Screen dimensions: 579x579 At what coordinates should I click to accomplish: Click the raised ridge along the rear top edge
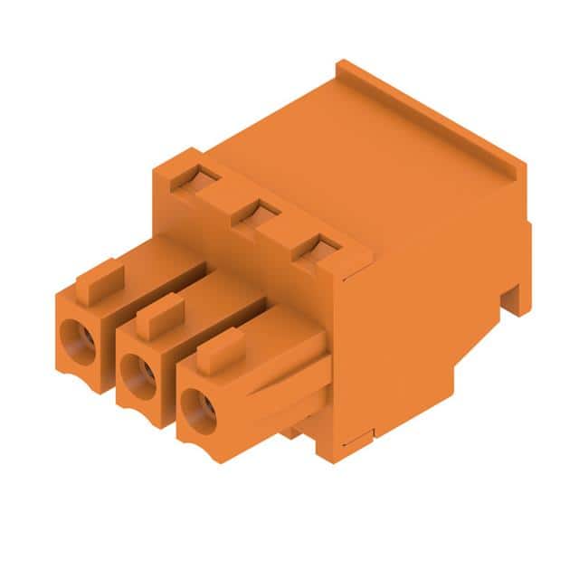(430, 118)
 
